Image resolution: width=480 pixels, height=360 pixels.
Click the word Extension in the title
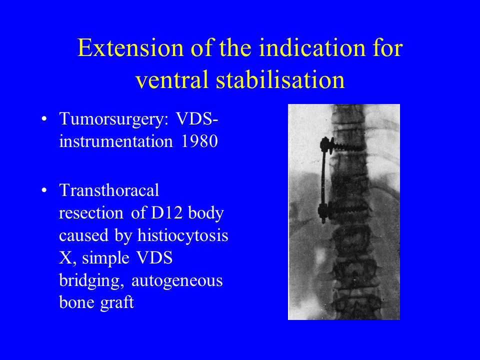[x=130, y=48]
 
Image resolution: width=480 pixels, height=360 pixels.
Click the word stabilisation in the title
[x=280, y=79]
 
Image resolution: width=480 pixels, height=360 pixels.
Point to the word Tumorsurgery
[x=114, y=119]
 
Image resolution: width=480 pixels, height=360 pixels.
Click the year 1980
[x=199, y=141]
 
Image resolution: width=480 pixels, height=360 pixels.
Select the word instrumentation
[x=116, y=141]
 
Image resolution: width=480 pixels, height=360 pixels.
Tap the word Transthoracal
[x=109, y=190]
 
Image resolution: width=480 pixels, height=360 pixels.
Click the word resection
[x=91, y=213]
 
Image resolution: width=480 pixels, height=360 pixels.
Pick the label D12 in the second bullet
[x=166, y=213]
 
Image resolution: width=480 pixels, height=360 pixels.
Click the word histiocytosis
[x=183, y=235]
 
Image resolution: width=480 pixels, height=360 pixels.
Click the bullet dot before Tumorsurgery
[x=44, y=119]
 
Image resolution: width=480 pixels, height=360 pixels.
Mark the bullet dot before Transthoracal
[x=44, y=190]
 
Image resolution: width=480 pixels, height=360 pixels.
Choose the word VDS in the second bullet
[x=154, y=258]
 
